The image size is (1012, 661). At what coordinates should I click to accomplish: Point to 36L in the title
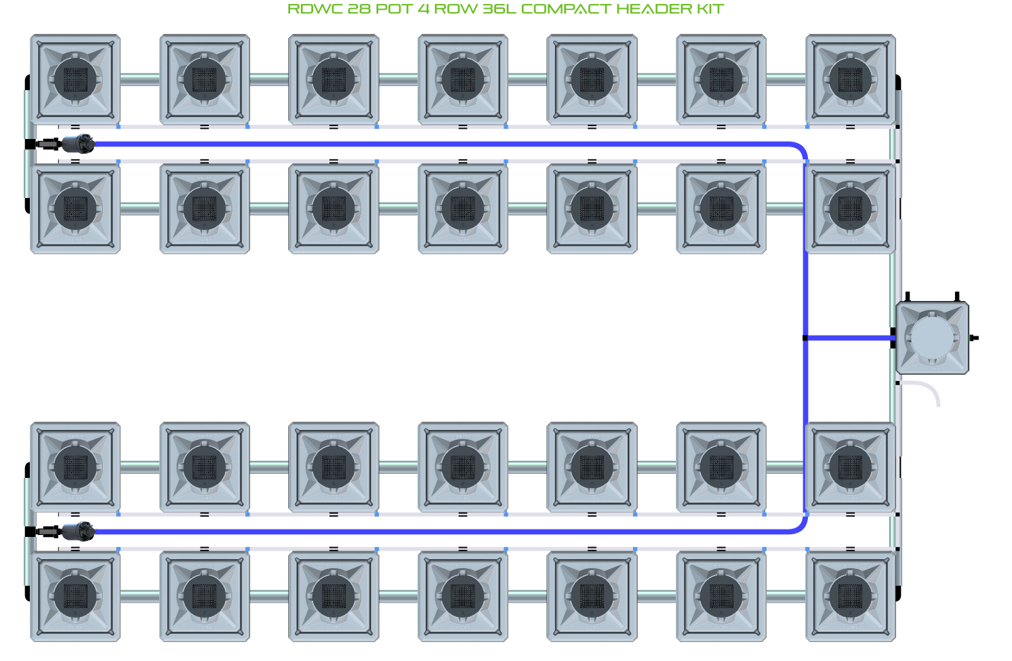[x=499, y=9]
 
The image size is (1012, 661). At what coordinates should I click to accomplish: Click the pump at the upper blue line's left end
[x=77, y=144]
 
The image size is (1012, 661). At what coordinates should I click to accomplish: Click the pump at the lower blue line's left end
[x=77, y=532]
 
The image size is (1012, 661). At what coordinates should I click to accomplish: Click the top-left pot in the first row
[x=75, y=79]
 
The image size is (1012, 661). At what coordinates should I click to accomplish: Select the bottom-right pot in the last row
[x=850, y=596]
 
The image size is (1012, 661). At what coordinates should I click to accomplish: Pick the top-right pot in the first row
[x=850, y=79]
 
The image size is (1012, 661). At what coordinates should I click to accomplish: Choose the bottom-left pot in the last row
[x=75, y=596]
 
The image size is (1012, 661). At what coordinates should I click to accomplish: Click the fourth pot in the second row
[x=463, y=209]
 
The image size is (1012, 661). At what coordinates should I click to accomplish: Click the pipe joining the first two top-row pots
[x=140, y=79]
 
